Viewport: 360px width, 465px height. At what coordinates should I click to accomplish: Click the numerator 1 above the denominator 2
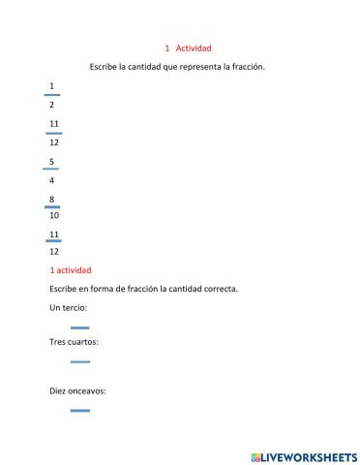pos(51,86)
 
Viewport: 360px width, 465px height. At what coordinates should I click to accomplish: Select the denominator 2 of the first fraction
pos(51,104)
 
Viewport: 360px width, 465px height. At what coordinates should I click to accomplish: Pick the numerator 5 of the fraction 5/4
pos(51,161)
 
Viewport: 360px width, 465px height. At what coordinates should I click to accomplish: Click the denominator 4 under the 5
pos(51,179)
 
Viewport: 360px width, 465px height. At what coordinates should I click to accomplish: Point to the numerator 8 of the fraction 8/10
pos(51,198)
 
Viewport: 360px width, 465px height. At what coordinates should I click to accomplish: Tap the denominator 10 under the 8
pos(53,215)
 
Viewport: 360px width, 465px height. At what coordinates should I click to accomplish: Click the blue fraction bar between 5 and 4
pos(51,170)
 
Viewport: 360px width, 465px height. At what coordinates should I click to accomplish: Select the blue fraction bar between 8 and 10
pos(52,206)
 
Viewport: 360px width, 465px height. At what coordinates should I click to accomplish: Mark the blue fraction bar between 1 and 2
pos(52,95)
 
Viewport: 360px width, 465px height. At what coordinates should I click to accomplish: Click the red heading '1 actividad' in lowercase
pos(70,270)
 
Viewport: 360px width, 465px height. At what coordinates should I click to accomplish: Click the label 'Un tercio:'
pos(68,308)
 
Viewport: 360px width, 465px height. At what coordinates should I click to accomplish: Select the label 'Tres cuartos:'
pos(74,342)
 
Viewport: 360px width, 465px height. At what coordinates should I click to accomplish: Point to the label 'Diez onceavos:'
pos(77,391)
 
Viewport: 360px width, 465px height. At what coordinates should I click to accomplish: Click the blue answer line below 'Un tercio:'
pos(80,327)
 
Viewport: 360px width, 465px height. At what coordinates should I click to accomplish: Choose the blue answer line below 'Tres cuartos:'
pos(80,361)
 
